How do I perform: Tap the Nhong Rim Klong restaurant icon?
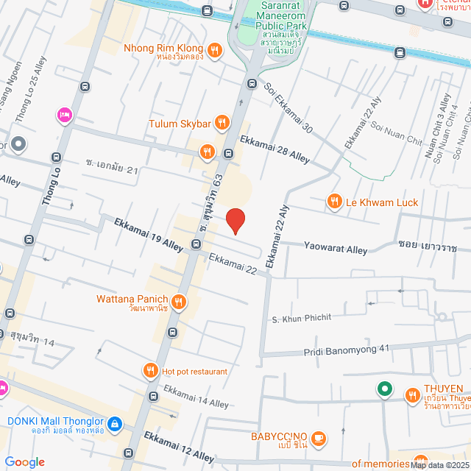pos(214,50)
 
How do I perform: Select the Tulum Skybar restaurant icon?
pos(220,124)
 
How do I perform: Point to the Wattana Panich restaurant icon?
pos(179,300)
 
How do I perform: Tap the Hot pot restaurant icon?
pos(151,371)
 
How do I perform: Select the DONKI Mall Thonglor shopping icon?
pos(114,424)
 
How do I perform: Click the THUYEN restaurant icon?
pos(412,396)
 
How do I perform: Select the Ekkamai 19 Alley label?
pos(146,234)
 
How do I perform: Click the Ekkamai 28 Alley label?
pos(274,148)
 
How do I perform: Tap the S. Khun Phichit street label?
pos(302,318)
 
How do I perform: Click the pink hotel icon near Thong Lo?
pos(63,114)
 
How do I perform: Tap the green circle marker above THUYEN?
pos(383,389)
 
